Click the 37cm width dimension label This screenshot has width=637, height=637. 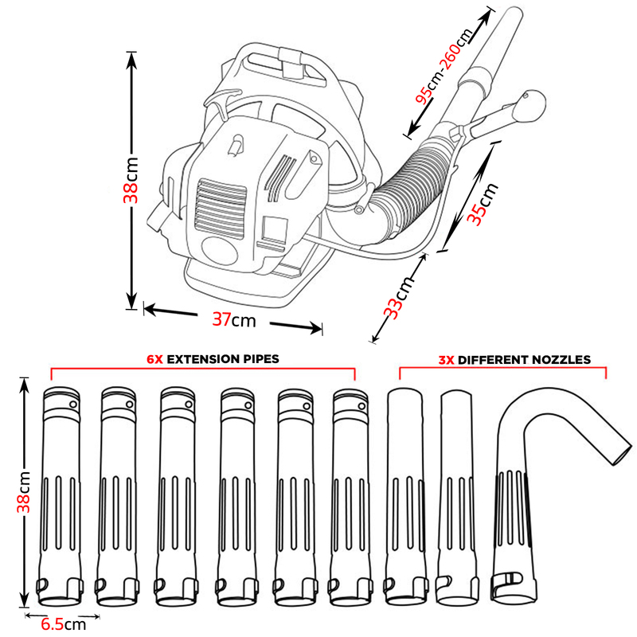pos(234,319)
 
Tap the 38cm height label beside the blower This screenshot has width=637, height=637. pos(132,179)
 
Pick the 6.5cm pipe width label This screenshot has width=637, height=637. pos(63,623)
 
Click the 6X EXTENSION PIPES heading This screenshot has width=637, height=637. pos(213,359)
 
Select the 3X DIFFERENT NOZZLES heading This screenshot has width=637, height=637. pos(514,359)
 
